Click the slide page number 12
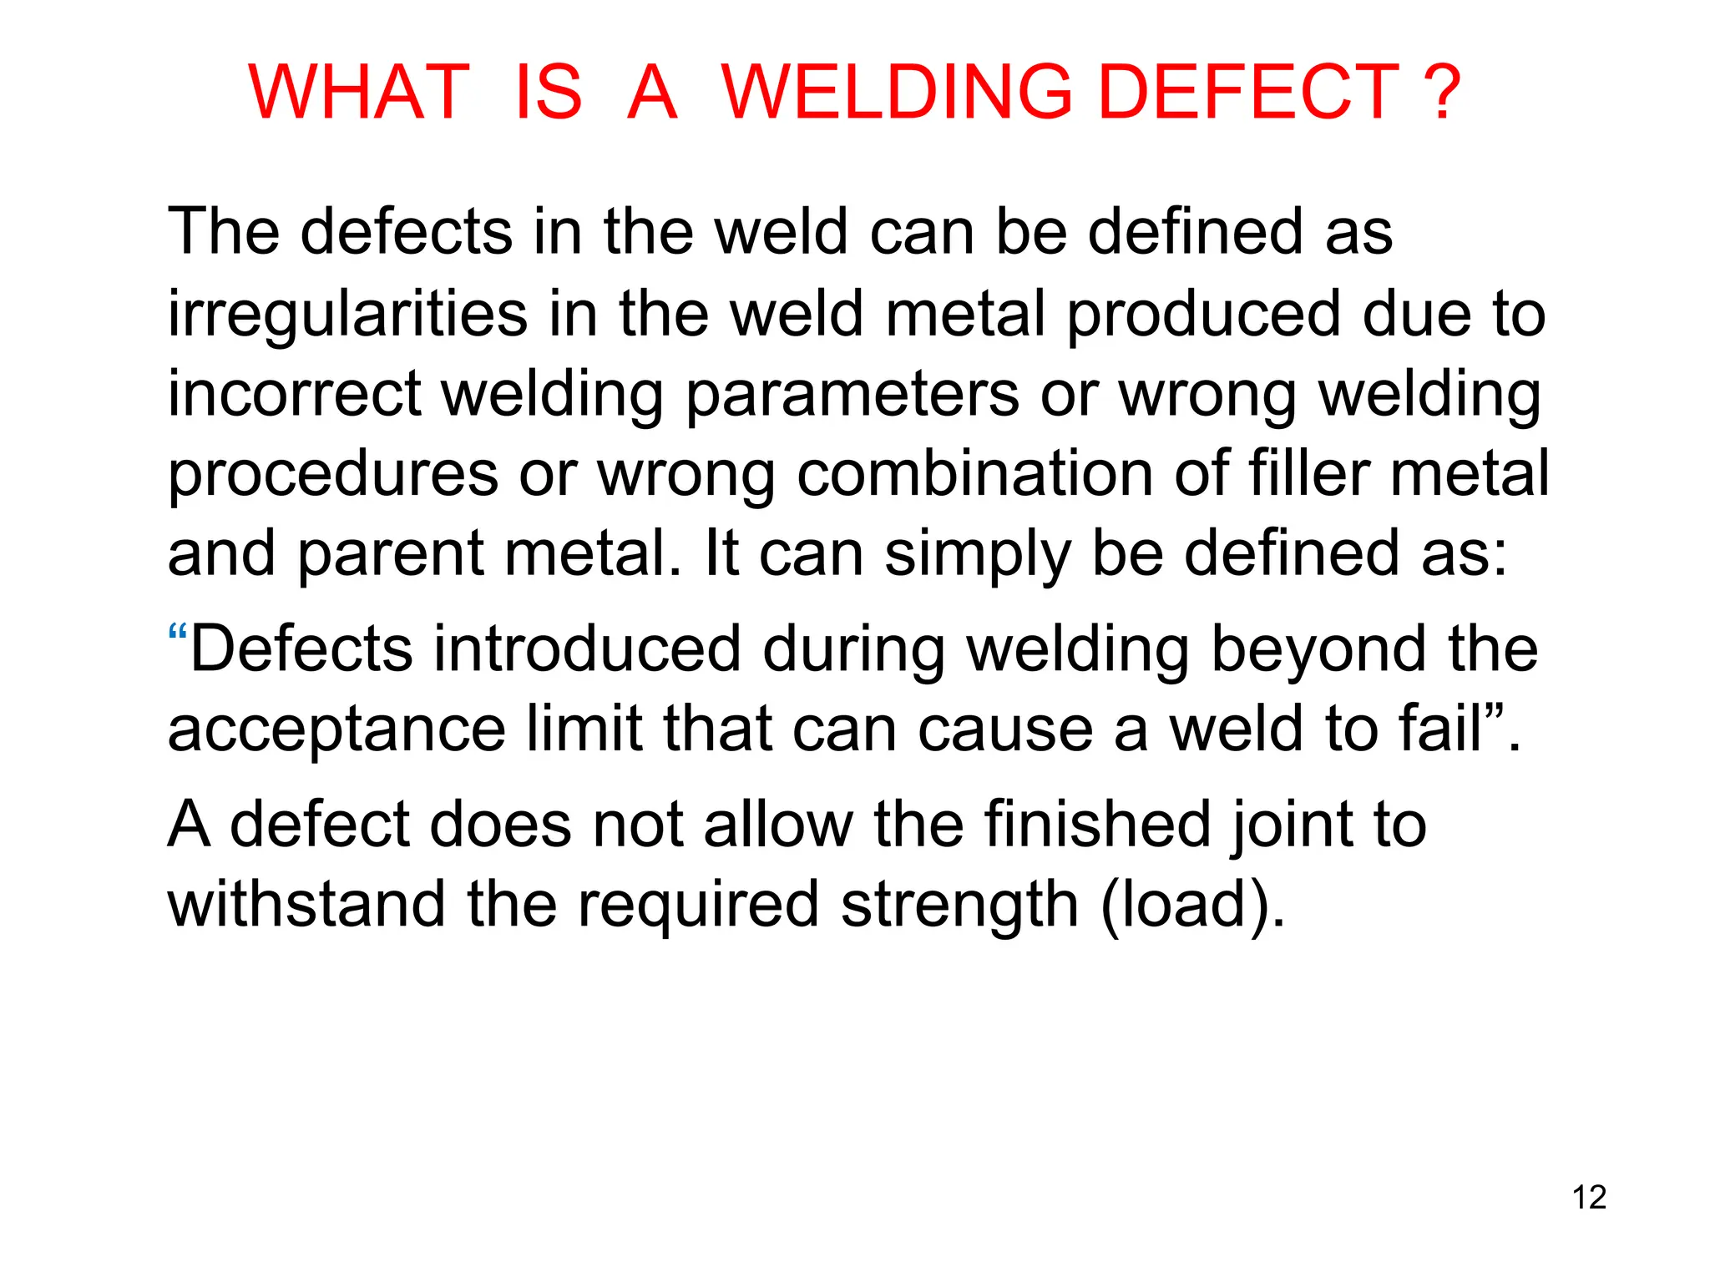pos(1589,1198)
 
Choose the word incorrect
pos(295,394)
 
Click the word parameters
pos(852,396)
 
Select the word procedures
pos(333,475)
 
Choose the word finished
pos(1096,825)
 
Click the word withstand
pos(306,905)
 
